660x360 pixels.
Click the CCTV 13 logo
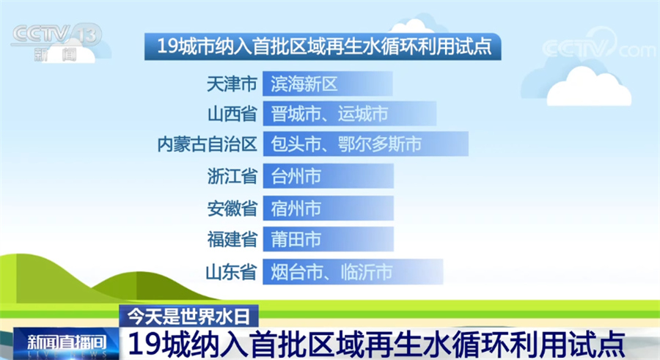(x=56, y=42)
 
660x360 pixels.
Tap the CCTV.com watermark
(x=598, y=45)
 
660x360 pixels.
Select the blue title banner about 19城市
(x=323, y=46)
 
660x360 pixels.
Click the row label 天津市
(x=232, y=84)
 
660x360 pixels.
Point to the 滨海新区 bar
(x=328, y=84)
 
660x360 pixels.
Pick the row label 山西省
(x=232, y=114)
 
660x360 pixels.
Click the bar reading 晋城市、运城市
(x=350, y=114)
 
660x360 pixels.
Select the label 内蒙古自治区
(x=207, y=144)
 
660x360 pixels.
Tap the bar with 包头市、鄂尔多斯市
(x=366, y=144)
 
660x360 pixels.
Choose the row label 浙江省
(x=232, y=176)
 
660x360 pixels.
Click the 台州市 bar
(x=329, y=176)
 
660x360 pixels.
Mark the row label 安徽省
(x=232, y=208)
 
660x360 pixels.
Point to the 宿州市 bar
(x=329, y=208)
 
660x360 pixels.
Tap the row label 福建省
(x=232, y=239)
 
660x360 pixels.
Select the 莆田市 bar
(x=329, y=239)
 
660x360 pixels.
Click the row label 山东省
(x=231, y=271)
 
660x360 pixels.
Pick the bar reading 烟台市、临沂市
(x=353, y=271)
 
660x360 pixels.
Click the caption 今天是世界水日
(x=188, y=316)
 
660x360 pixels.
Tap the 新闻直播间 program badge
(x=66, y=343)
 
